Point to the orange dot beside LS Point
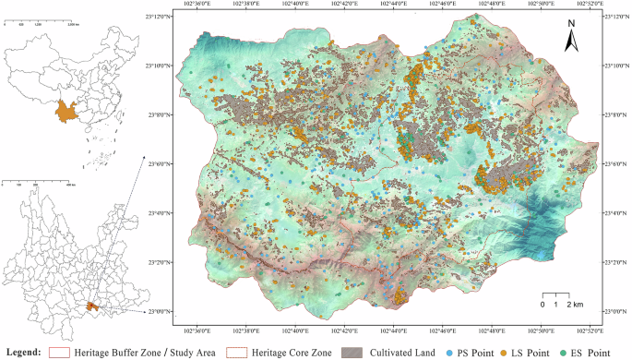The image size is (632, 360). coord(505,352)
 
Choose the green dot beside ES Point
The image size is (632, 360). coord(562,352)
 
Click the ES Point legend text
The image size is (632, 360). coord(590,352)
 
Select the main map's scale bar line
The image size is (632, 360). coord(557,296)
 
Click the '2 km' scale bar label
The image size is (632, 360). coord(573,305)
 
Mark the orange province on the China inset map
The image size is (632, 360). coord(65,110)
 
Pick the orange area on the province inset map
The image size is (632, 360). coord(89,306)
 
